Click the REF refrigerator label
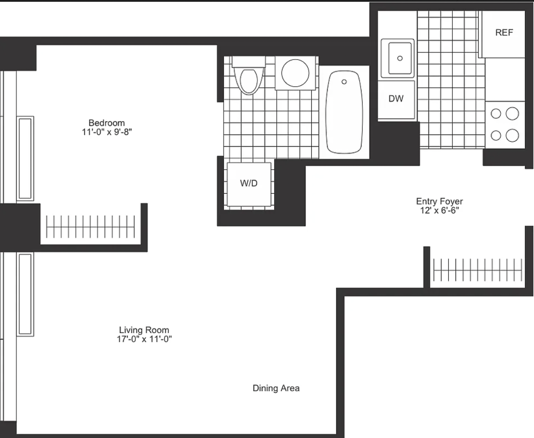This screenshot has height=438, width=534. (x=504, y=32)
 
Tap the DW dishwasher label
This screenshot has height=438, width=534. (x=396, y=99)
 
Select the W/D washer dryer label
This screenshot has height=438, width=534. (x=249, y=183)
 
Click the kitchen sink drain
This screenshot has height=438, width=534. (x=400, y=58)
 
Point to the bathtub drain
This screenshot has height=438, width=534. (x=344, y=82)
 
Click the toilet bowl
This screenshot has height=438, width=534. (x=249, y=81)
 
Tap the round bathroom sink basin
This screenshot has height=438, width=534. (x=295, y=73)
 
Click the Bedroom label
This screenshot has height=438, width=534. (x=106, y=123)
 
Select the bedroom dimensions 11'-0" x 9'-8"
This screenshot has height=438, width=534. (x=107, y=132)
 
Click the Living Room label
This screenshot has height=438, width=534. (x=144, y=330)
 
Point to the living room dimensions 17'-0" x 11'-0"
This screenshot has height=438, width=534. (x=144, y=339)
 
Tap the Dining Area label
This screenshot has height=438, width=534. (x=276, y=388)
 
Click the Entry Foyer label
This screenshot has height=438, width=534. (x=439, y=201)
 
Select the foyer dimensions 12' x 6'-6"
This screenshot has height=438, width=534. (x=439, y=211)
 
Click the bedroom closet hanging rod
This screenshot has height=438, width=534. (x=90, y=227)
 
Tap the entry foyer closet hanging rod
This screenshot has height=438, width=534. (x=478, y=270)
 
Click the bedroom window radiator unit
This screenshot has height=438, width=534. (x=25, y=159)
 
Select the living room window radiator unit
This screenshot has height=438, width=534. (x=25, y=294)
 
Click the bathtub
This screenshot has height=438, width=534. (x=344, y=112)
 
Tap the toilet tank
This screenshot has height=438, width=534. (x=249, y=62)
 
